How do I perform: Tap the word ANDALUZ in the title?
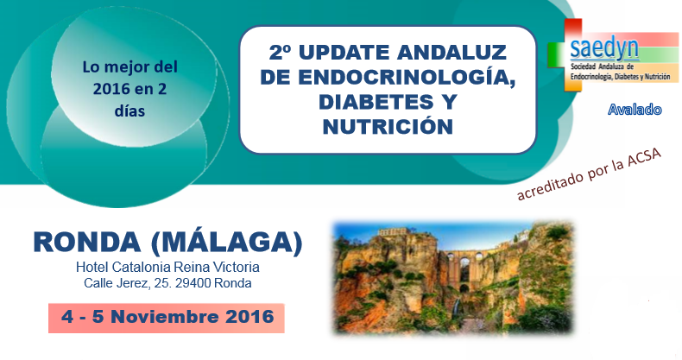[x=452, y=53]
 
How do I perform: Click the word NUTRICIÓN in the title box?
[x=388, y=127]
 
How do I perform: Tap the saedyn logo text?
[x=604, y=48]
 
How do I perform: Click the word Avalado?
[x=635, y=109]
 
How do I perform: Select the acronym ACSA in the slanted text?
[x=644, y=159]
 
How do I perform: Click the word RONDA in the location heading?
[x=87, y=243]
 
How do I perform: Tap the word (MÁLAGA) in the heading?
[x=226, y=243]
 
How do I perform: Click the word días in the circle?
[x=129, y=111]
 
